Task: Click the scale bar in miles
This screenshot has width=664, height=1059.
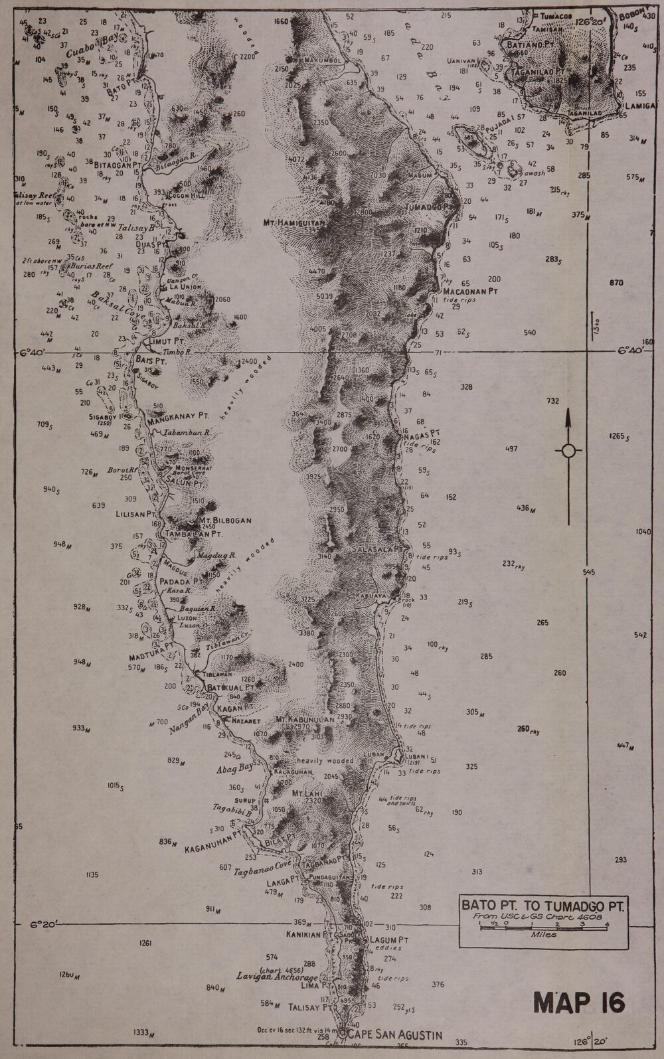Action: [x=543, y=924]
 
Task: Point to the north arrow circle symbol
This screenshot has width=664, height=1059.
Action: [x=568, y=451]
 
